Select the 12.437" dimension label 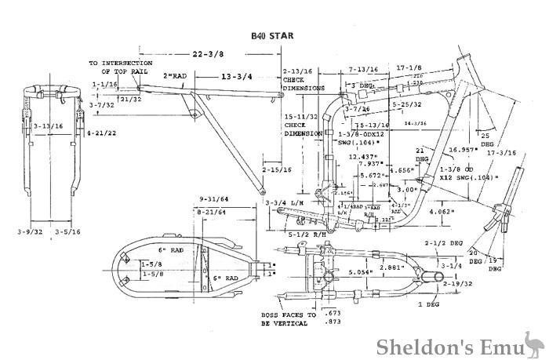tap(365, 156)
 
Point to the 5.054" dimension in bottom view tap(360, 273)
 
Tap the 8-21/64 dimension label tap(211, 211)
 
